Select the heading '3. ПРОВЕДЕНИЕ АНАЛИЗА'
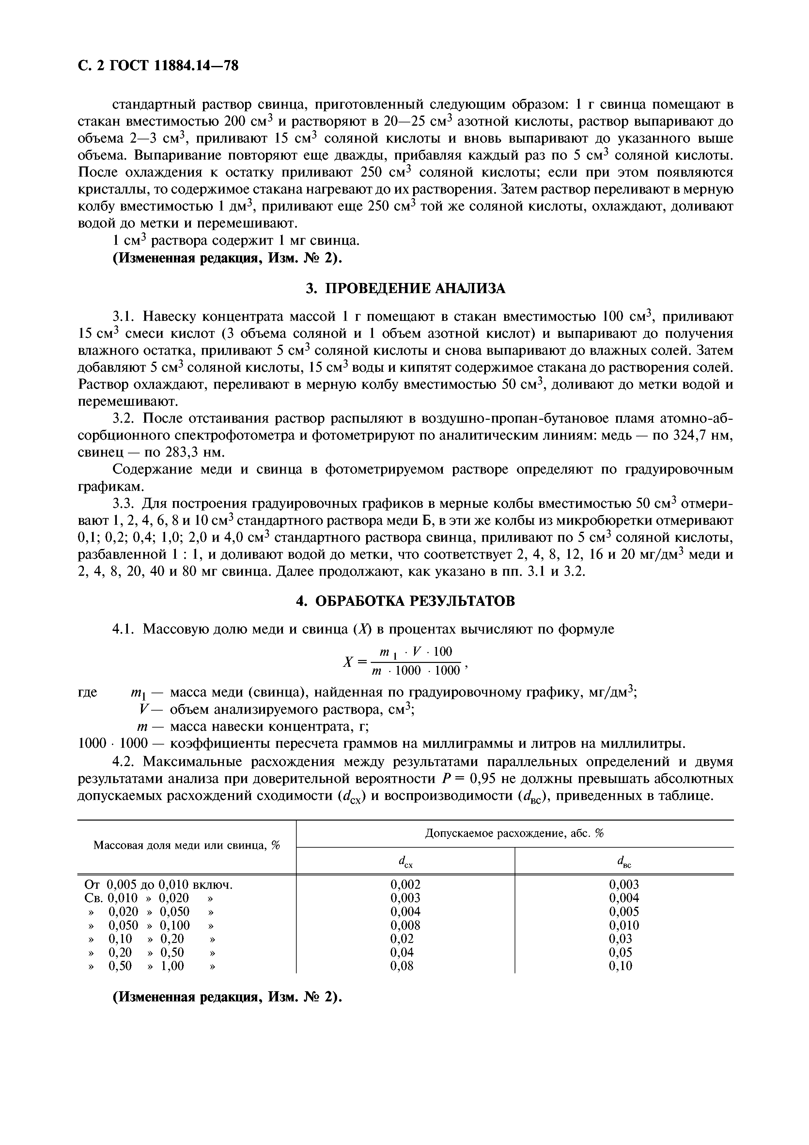(405, 288)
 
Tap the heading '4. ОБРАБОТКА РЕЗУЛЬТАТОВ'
(405, 601)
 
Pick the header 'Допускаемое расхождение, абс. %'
(514, 833)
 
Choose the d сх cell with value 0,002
(405, 885)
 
